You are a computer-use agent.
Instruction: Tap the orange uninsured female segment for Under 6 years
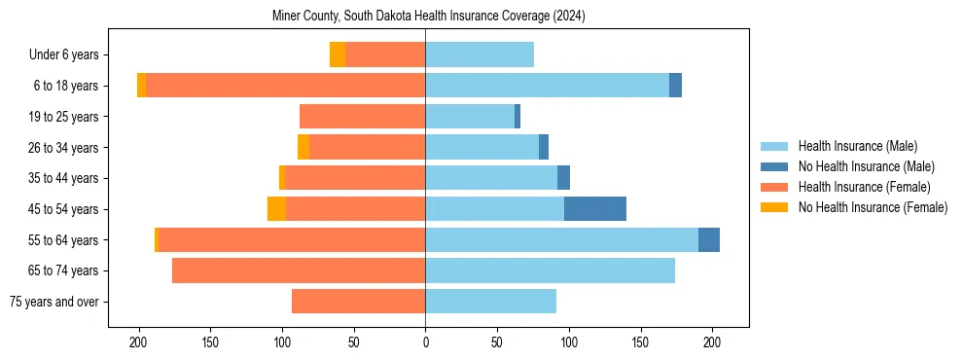click(338, 55)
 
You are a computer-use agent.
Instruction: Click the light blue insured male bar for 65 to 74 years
click(550, 270)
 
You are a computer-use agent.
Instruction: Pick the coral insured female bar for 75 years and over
click(358, 302)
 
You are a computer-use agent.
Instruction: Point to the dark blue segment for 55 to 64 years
click(709, 240)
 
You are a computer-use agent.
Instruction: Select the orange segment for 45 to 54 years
click(276, 209)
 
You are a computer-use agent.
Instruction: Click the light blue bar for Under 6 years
click(480, 55)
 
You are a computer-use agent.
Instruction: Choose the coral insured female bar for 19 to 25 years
click(362, 117)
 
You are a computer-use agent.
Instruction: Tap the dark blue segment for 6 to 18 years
click(675, 86)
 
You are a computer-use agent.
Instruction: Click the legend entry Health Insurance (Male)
click(857, 146)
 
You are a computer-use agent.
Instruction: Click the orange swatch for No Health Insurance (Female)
click(774, 207)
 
